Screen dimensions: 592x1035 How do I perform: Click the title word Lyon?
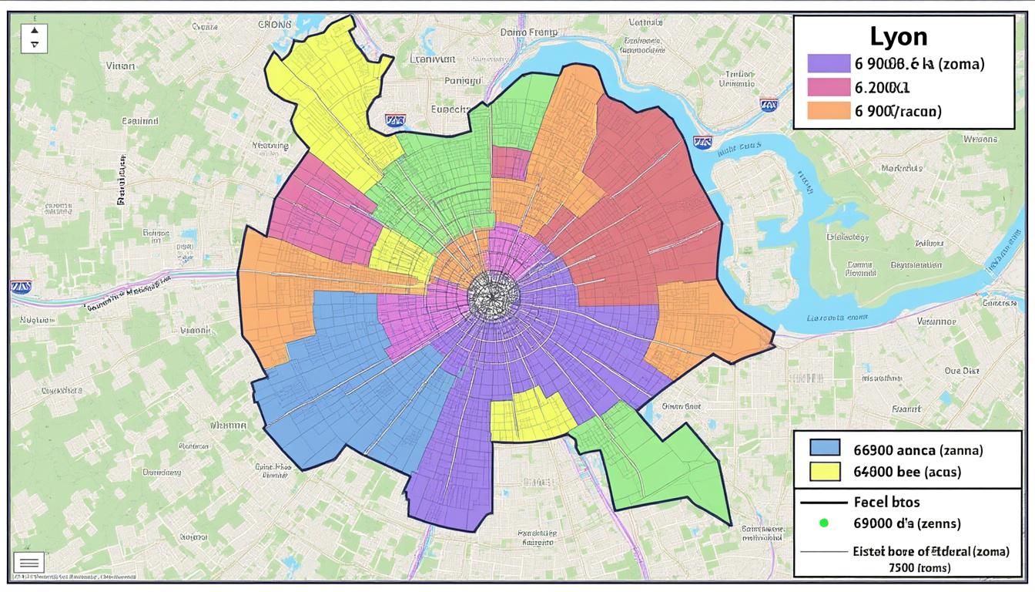899,36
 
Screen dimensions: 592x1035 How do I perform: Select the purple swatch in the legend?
828,63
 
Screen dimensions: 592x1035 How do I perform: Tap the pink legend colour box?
828,87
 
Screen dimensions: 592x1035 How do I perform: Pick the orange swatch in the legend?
828,110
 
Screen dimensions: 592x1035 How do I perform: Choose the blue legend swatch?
825,448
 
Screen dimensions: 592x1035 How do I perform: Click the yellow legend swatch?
825,471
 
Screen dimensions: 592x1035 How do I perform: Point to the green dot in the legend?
823,523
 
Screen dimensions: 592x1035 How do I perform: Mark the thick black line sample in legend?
824,502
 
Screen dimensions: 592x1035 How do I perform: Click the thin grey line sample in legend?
824,552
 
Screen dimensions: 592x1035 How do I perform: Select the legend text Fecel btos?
886,502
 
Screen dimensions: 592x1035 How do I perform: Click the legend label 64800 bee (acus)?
907,471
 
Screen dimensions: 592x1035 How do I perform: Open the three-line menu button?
28,563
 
